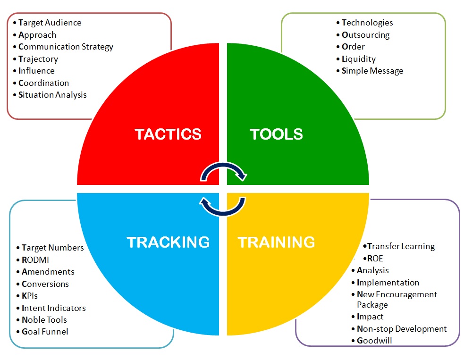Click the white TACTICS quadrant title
168,134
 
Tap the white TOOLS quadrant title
276,134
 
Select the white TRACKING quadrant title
168,242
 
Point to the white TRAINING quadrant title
276,242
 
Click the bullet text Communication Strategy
66,47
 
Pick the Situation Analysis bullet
52,95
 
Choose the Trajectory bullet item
38,59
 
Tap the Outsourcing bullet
366,35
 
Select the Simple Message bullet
372,71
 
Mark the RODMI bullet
35,260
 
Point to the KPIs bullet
30,296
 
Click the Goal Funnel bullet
45,332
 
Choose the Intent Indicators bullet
54,308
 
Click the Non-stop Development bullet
402,329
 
